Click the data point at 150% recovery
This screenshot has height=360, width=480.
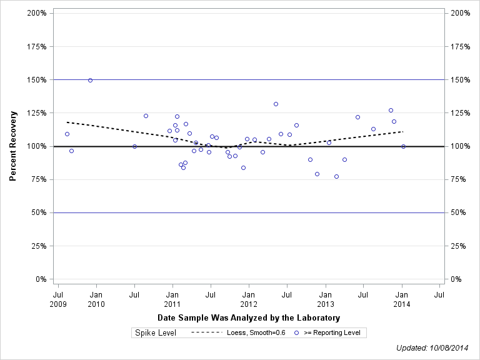tap(90, 80)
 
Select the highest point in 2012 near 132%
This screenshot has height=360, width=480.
tap(276, 104)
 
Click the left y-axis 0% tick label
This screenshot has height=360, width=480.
tap(41, 279)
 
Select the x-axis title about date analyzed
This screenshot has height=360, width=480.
tap(248, 318)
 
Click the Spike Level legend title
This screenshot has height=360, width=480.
tap(156, 332)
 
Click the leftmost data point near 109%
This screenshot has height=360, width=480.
tap(67, 134)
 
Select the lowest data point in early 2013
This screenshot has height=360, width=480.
tap(336, 176)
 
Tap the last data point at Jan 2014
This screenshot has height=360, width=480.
tap(403, 146)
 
